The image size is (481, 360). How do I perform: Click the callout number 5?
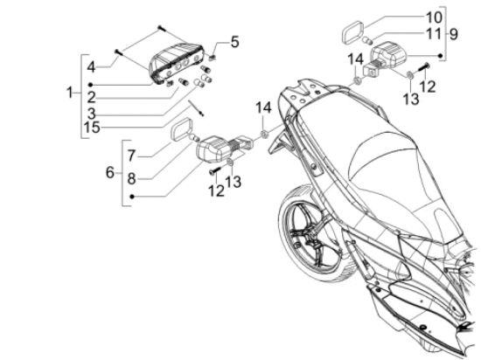click(234, 42)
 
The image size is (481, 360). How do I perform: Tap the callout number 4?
click(91, 67)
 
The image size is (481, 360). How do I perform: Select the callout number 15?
click(92, 128)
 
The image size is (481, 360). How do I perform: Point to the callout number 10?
click(434, 17)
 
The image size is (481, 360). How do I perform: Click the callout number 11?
click(434, 34)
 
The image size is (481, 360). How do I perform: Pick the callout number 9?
click(454, 34)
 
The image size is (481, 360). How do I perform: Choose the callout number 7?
click(131, 156)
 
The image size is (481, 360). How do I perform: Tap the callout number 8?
click(131, 178)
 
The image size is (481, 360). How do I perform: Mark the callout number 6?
click(110, 172)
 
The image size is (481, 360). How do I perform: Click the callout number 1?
click(70, 93)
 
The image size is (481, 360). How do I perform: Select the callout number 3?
click(91, 114)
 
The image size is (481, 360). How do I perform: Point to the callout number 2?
click(91, 98)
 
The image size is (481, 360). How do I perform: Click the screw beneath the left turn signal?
click(215, 170)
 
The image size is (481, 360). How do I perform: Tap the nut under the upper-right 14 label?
click(357, 81)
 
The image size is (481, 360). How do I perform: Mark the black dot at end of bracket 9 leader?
click(440, 55)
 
